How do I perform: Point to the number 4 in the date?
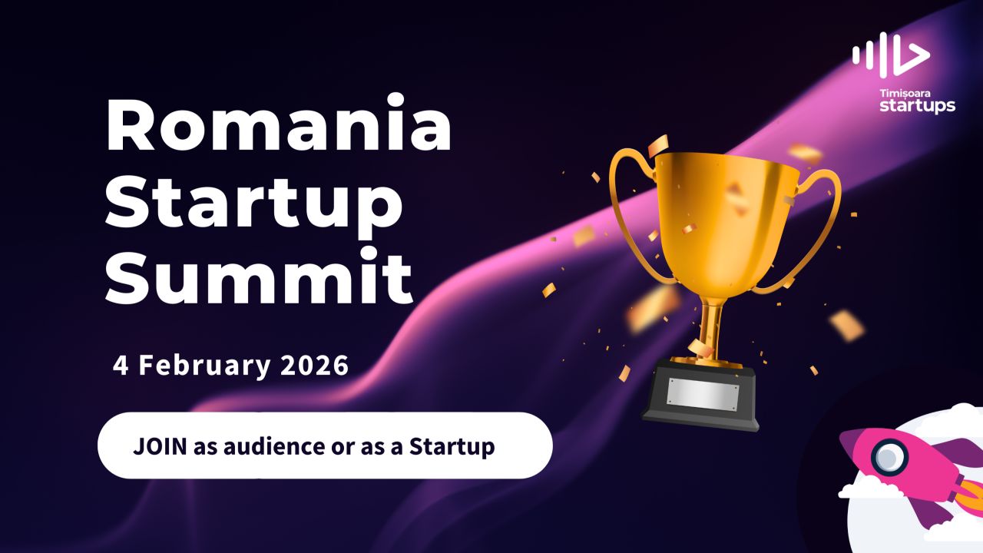point(121,366)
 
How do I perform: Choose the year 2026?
point(315,366)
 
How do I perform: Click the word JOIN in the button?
point(160,446)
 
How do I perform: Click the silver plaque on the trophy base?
point(701,393)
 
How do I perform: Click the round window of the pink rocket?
point(889,459)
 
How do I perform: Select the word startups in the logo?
point(917,105)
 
